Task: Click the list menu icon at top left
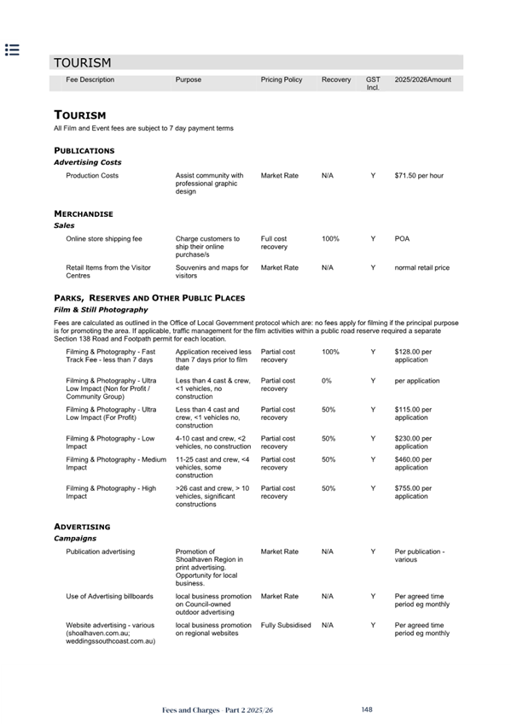click(12, 50)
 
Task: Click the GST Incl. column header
click(373, 84)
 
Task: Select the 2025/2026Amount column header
click(422, 79)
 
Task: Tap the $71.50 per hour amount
click(419, 176)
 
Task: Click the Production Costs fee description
click(92, 176)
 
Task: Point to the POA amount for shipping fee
click(403, 239)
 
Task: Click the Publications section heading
click(84, 151)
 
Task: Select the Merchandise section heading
click(84, 214)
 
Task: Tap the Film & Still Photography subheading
click(101, 309)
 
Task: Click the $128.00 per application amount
click(413, 356)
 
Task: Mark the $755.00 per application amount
click(413, 493)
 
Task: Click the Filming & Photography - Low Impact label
click(110, 442)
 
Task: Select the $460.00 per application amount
click(413, 464)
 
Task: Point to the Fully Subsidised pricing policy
click(286, 625)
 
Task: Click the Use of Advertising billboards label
click(109, 596)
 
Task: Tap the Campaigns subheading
click(75, 539)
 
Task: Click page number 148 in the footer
click(367, 709)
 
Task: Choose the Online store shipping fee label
click(104, 239)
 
